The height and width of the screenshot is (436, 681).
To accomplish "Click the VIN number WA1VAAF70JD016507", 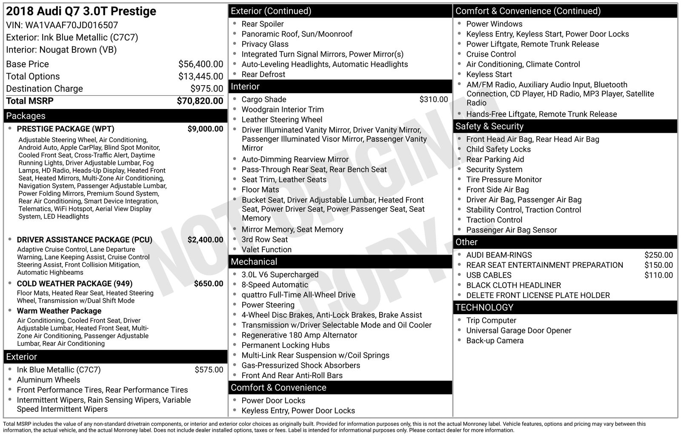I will pos(72,25).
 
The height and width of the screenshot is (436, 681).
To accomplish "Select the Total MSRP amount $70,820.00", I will pos(200,101).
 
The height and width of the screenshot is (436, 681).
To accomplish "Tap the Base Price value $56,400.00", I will pos(200,64).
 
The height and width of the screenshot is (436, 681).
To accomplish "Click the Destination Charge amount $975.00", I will pos(206,89).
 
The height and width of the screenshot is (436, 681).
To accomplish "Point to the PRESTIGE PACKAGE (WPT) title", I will pos(66,129).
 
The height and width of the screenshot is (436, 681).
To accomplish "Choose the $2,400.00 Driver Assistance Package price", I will pos(205,240).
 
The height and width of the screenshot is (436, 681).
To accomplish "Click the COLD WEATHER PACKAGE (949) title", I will pos(74,284).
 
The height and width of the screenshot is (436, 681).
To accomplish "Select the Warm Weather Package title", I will pos(59,311).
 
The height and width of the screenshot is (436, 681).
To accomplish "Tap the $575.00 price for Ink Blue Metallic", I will pos(209,370).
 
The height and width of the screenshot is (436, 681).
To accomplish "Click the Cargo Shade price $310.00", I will pos(433,99).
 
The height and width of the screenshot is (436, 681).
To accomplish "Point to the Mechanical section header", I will pos(254,261).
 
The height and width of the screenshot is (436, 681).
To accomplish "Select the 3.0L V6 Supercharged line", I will pos(280,275).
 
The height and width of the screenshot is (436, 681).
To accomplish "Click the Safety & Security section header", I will pos(489,126).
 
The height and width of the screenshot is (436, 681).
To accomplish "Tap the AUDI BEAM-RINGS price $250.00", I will pos(658,255).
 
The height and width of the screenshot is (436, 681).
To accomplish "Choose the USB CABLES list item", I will pos(489,275).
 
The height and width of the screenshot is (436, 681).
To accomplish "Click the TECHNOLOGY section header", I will pos(484,307).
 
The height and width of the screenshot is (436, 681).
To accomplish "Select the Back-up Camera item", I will pos(495,341).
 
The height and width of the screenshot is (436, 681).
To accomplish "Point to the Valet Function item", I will pos(266,250).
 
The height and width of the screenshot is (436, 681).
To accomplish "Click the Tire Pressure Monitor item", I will pos(504,180).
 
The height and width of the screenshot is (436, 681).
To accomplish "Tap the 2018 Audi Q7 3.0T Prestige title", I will pos(81,11).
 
